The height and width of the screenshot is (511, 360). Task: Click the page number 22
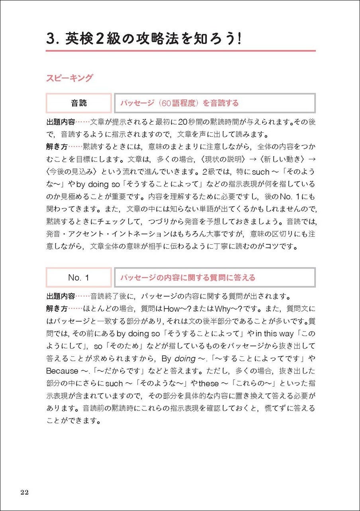[24, 492]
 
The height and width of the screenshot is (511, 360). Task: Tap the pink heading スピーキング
[69, 78]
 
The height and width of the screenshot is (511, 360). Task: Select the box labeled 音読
[78, 103]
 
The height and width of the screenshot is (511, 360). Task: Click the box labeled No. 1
[78, 277]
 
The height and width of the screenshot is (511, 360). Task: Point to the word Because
[62, 371]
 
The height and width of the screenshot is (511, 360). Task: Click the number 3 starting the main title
[50, 40]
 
